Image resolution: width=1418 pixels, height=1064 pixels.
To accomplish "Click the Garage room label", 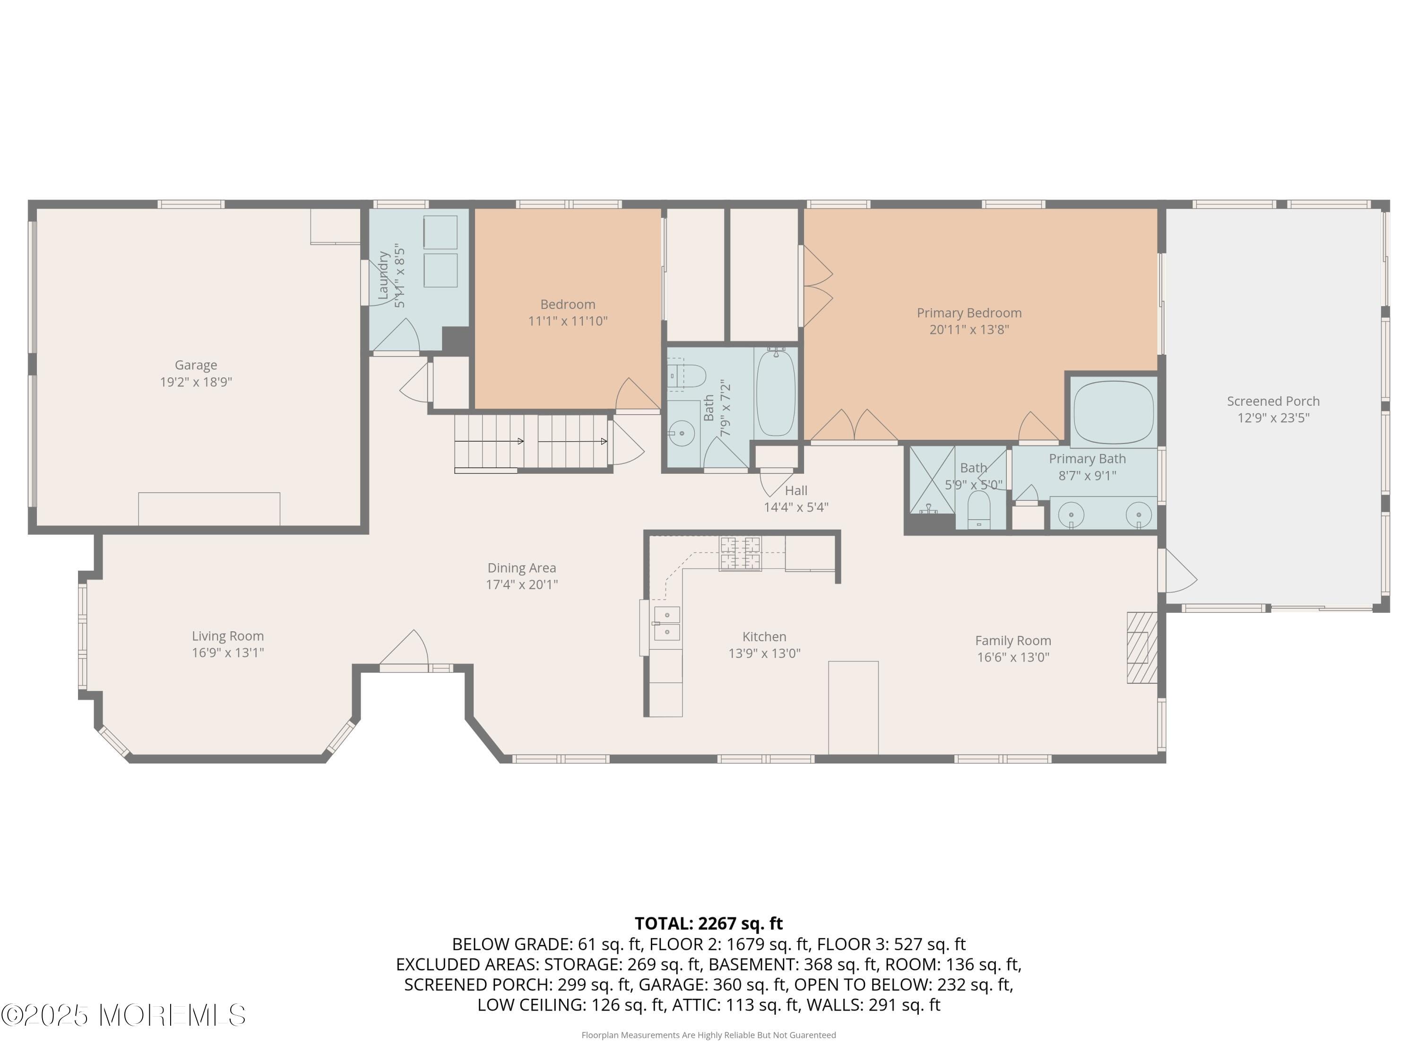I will tap(196, 365).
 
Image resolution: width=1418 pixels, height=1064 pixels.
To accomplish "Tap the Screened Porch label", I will tap(1272, 401).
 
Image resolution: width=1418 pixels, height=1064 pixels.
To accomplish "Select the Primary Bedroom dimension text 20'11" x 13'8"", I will tap(968, 330).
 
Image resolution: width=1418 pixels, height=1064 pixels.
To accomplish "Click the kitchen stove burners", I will tap(740, 553).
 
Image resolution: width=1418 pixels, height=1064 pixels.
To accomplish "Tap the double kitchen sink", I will tap(666, 623).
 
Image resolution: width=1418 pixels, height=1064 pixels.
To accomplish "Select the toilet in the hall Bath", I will tap(687, 376).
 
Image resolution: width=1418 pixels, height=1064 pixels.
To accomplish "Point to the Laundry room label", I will tap(383, 276).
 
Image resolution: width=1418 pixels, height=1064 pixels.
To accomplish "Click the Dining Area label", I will tap(521, 567).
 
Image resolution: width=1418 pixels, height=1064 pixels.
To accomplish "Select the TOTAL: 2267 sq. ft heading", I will tap(709, 923).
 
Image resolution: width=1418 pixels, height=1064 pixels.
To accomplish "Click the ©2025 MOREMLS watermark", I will tap(123, 1015).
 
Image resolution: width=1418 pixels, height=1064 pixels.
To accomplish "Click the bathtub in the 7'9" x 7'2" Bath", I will tap(776, 393).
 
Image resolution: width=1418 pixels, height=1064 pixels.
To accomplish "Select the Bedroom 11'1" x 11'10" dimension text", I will tap(567, 321).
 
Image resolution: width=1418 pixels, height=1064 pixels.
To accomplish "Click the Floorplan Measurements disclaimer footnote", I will tap(709, 1035).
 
